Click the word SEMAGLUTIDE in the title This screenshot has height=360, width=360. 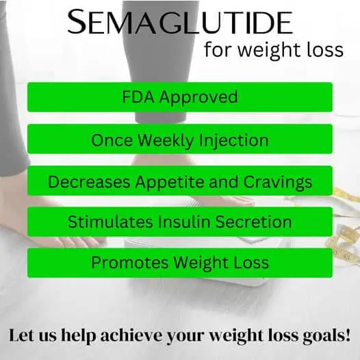(179, 25)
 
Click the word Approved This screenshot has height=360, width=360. (199, 97)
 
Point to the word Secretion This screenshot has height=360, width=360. (253, 222)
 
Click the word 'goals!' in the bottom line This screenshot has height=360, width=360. (327, 336)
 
